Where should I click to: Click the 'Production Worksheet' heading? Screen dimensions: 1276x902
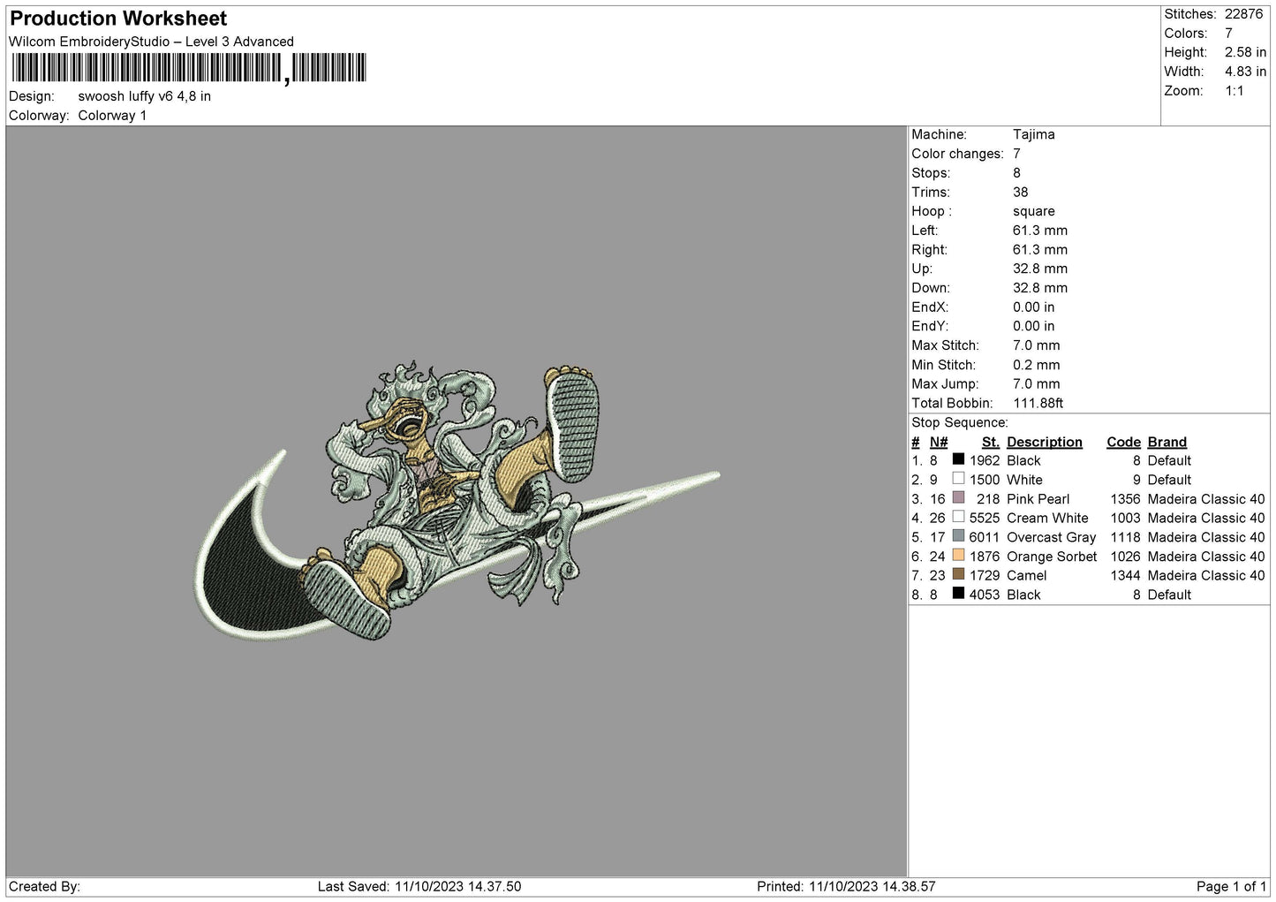pyautogui.click(x=118, y=19)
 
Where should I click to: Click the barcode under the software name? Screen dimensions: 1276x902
pyautogui.click(x=189, y=68)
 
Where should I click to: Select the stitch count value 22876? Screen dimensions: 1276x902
pyautogui.click(x=1244, y=14)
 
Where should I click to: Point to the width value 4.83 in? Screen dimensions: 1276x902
pyautogui.click(x=1245, y=72)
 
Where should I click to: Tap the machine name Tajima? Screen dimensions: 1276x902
pyautogui.click(x=1033, y=134)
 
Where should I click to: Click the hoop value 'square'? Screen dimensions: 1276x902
pyautogui.click(x=1033, y=211)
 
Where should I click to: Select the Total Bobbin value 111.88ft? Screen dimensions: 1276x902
pyautogui.click(x=1038, y=404)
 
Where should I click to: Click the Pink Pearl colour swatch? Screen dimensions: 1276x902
pyautogui.click(x=959, y=497)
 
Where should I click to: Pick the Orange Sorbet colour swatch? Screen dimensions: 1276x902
pyautogui.click(x=959, y=555)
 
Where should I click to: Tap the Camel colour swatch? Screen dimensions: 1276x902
pyautogui.click(x=959, y=574)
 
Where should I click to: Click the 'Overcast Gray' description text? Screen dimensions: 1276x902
pyautogui.click(x=1051, y=537)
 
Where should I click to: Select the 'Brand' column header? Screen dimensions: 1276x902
pyautogui.click(x=1167, y=443)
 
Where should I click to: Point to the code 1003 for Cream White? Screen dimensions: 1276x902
pyautogui.click(x=1125, y=519)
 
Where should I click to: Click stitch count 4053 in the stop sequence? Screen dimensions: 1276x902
pyautogui.click(x=984, y=595)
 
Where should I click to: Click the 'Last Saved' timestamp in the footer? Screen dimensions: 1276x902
pyautogui.click(x=419, y=887)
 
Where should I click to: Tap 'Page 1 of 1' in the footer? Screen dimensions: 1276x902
pyautogui.click(x=1231, y=887)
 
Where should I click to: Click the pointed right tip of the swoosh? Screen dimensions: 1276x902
pyautogui.click(x=719, y=474)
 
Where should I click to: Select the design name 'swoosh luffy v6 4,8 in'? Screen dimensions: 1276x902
pyautogui.click(x=144, y=96)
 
